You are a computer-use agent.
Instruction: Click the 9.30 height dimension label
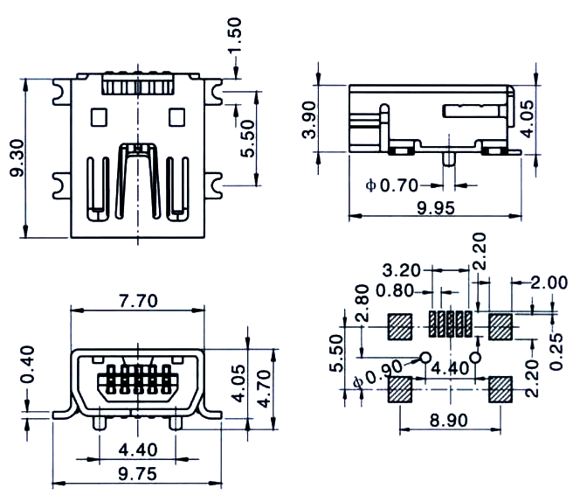17,158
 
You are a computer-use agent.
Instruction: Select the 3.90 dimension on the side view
309,120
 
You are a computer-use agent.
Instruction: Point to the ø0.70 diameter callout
391,185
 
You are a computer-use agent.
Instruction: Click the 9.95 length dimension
435,208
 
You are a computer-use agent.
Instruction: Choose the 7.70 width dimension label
138,301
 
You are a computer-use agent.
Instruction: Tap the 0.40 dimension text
28,365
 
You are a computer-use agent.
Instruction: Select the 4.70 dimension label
264,389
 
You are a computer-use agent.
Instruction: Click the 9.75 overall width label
138,474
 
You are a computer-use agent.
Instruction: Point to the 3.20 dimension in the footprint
401,270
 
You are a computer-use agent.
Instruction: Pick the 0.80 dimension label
395,290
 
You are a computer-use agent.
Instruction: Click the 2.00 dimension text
549,282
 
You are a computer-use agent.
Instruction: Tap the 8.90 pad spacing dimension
449,420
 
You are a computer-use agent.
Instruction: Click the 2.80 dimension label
362,303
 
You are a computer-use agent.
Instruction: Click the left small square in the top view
99,117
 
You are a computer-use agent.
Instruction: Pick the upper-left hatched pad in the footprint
400,327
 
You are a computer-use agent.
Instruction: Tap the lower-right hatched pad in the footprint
501,389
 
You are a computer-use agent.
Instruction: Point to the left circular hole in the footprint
425,358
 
